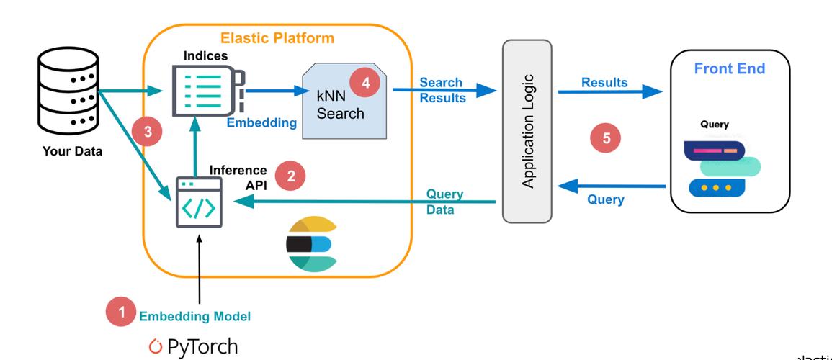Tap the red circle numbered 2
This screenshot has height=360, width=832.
pos(290,175)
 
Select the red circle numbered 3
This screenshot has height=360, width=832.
pos(148,132)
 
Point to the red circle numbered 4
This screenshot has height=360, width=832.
pos(366,83)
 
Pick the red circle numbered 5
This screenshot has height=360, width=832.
pos(606,138)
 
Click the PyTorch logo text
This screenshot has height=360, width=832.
pos(193,347)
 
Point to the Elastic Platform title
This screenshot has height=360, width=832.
pos(277,38)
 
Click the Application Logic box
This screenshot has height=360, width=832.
pos(527,131)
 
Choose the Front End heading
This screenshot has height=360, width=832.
pos(729,69)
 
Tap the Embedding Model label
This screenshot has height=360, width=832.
pos(194,315)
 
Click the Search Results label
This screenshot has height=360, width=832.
pos(442,90)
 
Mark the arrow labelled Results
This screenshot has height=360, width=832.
pos(611,91)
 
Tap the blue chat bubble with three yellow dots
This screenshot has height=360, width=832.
pos(717,188)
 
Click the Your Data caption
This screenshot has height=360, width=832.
pos(73,151)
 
